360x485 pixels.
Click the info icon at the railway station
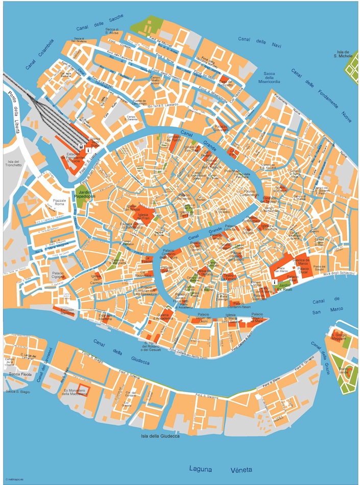[x=88, y=151]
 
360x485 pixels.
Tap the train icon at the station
[x=88, y=144]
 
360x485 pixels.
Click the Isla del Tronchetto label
[x=14, y=163]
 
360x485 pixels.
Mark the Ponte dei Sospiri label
[x=319, y=268]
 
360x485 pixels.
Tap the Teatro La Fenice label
[x=231, y=277]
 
